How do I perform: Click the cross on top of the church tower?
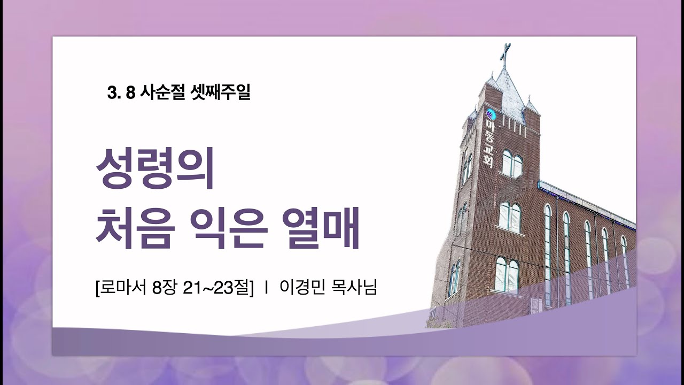[504, 55]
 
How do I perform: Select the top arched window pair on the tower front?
[511, 164]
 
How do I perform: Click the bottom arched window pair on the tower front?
[507, 274]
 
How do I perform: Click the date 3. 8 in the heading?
[121, 94]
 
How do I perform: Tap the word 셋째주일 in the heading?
[220, 94]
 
